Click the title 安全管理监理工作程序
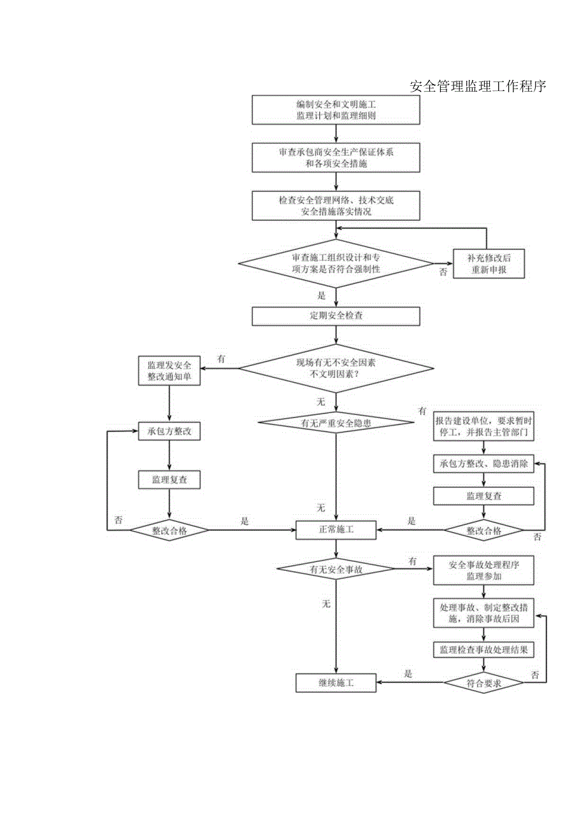pyautogui.click(x=478, y=87)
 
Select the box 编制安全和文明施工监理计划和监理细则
pyautogui.click(x=336, y=110)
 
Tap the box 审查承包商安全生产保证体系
pyautogui.click(x=336, y=158)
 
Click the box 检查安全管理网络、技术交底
pyautogui.click(x=336, y=206)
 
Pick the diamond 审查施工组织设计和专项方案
pyautogui.click(x=336, y=263)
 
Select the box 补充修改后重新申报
pyautogui.click(x=489, y=263)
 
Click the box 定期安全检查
pyautogui.click(x=336, y=316)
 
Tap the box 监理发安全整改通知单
pyautogui.click(x=169, y=371)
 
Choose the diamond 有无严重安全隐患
pyautogui.click(x=336, y=422)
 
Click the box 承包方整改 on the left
pyautogui.click(x=169, y=432)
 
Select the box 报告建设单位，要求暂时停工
pyautogui.click(x=483, y=426)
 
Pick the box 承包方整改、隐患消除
pyautogui.click(x=483, y=464)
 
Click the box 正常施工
pyautogui.click(x=336, y=529)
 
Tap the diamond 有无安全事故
pyautogui.click(x=336, y=570)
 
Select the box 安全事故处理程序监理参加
pyautogui.click(x=483, y=571)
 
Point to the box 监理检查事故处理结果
pyautogui.click(x=483, y=650)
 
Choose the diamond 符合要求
pyautogui.click(x=483, y=683)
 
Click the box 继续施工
pyautogui.click(x=336, y=683)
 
